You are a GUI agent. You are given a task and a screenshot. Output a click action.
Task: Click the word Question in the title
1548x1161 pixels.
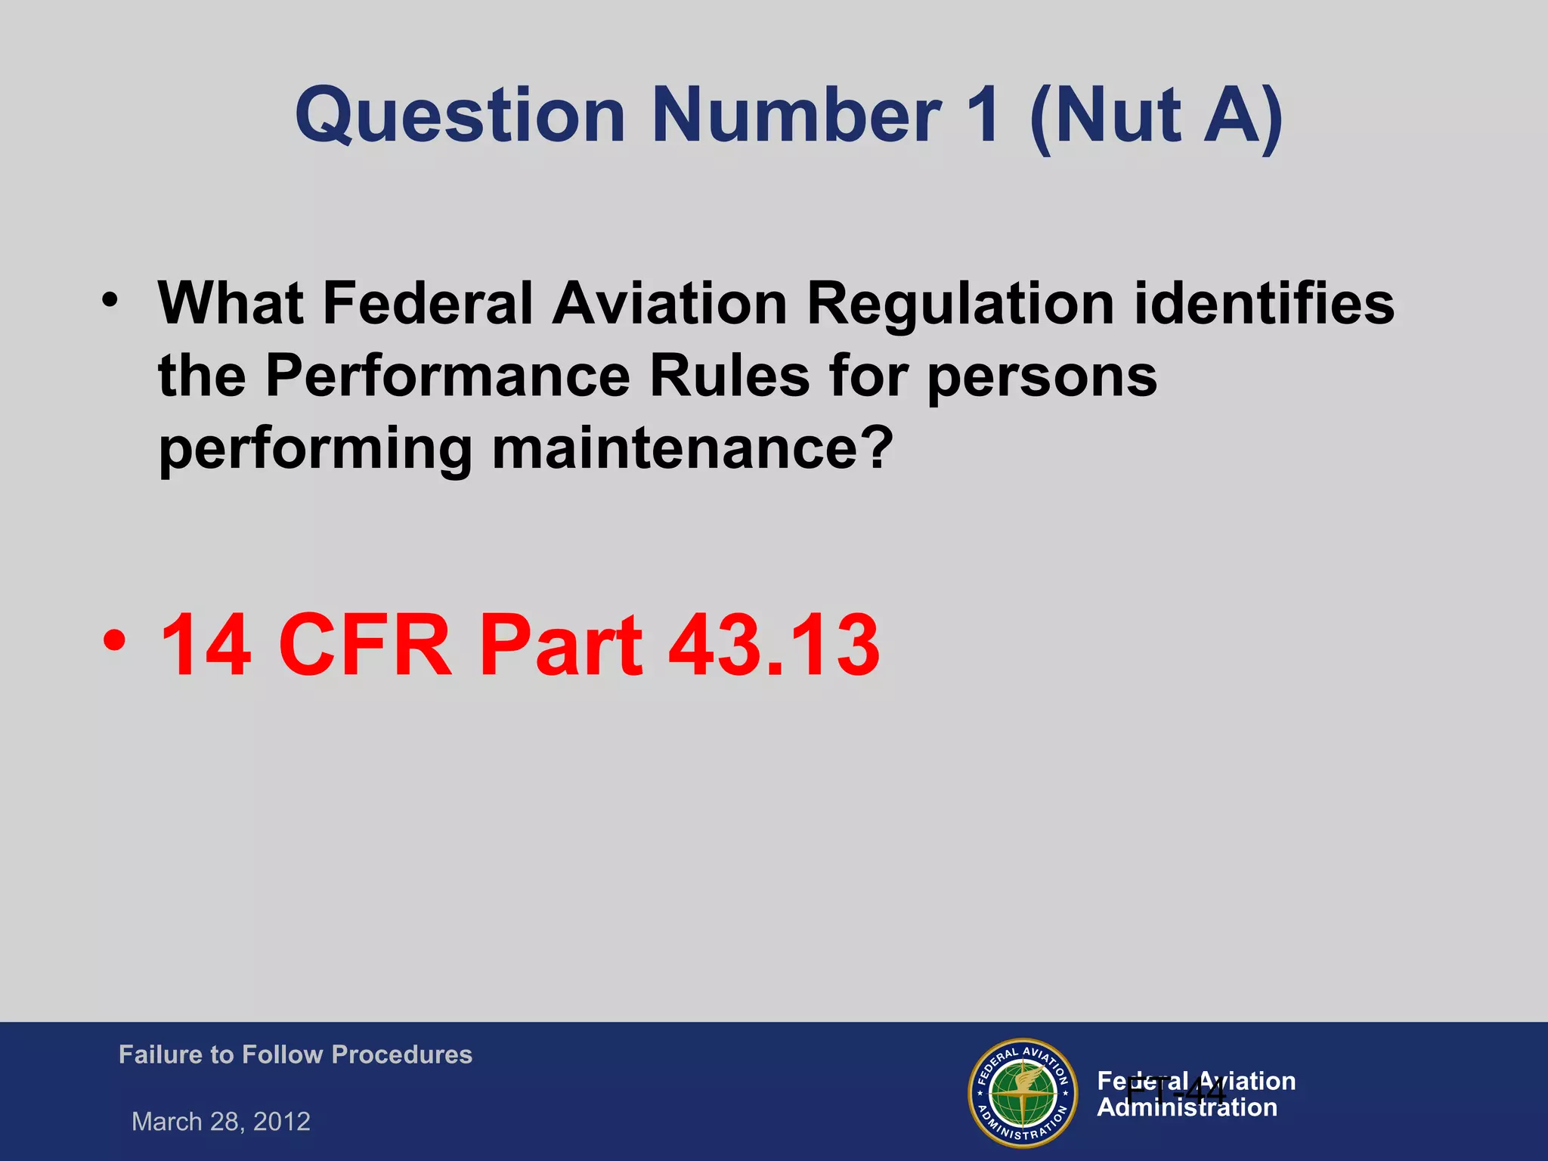pyautogui.click(x=460, y=116)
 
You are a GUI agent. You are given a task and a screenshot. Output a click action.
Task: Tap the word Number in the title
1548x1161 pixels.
pyautogui.click(x=797, y=116)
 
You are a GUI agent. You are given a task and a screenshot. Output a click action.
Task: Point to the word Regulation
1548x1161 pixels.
pyautogui.click(x=960, y=304)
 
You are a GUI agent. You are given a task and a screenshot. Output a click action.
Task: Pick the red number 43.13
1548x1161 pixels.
pyautogui.click(x=774, y=646)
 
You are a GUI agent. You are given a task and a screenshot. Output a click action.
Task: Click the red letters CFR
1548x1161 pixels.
pyautogui.click(x=366, y=646)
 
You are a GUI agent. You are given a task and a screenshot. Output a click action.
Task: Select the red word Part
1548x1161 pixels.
pyautogui.click(x=560, y=646)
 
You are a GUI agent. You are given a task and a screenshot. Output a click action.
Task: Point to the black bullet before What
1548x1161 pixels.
pyautogui.click(x=110, y=300)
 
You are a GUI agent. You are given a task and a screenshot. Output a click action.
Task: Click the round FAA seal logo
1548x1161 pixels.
pyautogui.click(x=1023, y=1092)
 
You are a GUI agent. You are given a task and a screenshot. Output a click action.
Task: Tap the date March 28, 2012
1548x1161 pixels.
pyautogui.click(x=221, y=1121)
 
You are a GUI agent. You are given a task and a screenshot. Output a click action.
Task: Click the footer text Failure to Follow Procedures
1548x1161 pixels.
pyautogui.click(x=296, y=1054)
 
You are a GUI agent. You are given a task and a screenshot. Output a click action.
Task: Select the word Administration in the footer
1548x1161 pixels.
pyautogui.click(x=1187, y=1108)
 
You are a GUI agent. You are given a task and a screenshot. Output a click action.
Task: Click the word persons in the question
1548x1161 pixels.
pyautogui.click(x=1042, y=376)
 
